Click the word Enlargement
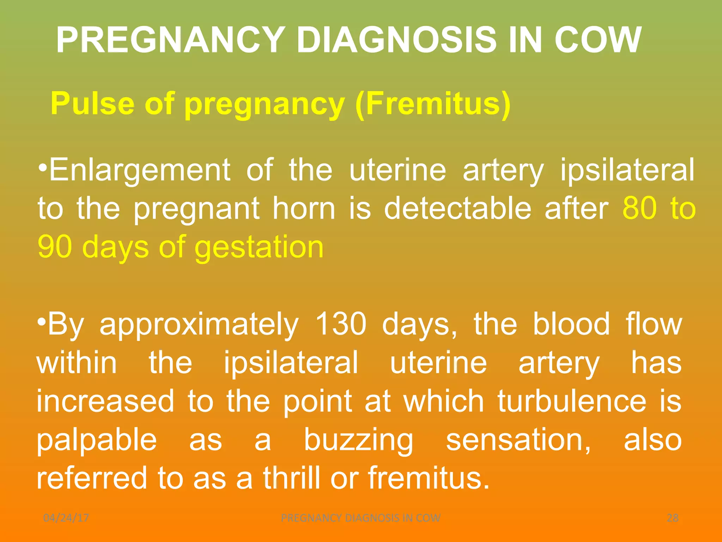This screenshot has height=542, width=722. [x=140, y=170]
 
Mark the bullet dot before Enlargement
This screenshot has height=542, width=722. [x=42, y=166]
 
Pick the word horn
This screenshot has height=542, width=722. [x=304, y=209]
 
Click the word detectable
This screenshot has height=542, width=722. [x=457, y=209]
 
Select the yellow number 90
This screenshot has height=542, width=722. [x=55, y=247]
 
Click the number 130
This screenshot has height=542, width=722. [x=341, y=324]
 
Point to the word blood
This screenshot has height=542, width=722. [x=571, y=324]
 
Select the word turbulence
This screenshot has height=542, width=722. [x=572, y=401]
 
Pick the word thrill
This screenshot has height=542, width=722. [x=292, y=478]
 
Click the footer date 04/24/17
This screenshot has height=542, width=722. [x=66, y=518]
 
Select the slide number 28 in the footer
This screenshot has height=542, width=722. [x=673, y=518]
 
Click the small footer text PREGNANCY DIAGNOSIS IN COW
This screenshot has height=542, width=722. [x=361, y=518]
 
